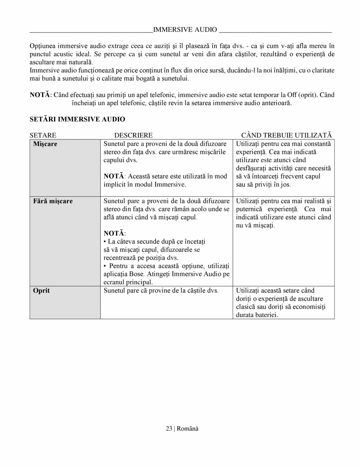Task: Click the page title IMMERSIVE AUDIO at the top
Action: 185,29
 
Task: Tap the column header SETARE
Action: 43,135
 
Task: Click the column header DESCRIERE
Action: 133,135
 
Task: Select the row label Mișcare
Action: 45,144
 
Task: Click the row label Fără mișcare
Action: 53,201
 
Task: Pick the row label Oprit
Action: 42,291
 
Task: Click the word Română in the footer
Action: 188,428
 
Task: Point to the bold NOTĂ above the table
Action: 40,95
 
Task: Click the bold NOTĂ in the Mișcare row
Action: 114,176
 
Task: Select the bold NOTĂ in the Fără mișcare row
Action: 114,233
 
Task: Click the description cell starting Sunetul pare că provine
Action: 161,291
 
